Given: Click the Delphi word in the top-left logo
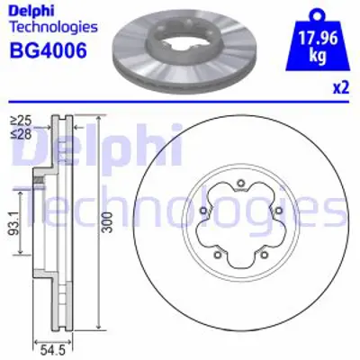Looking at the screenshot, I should [31, 12].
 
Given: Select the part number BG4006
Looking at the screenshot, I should [47, 50].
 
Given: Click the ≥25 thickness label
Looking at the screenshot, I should [20, 119].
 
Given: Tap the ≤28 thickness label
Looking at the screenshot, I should [20, 132].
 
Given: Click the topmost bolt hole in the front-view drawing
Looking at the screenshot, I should [241, 186].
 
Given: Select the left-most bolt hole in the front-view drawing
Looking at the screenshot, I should [204, 213].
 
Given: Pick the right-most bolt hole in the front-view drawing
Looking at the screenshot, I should [278, 213].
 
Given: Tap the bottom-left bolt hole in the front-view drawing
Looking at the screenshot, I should [219, 256].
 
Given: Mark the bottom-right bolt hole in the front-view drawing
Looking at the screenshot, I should [264, 256].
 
